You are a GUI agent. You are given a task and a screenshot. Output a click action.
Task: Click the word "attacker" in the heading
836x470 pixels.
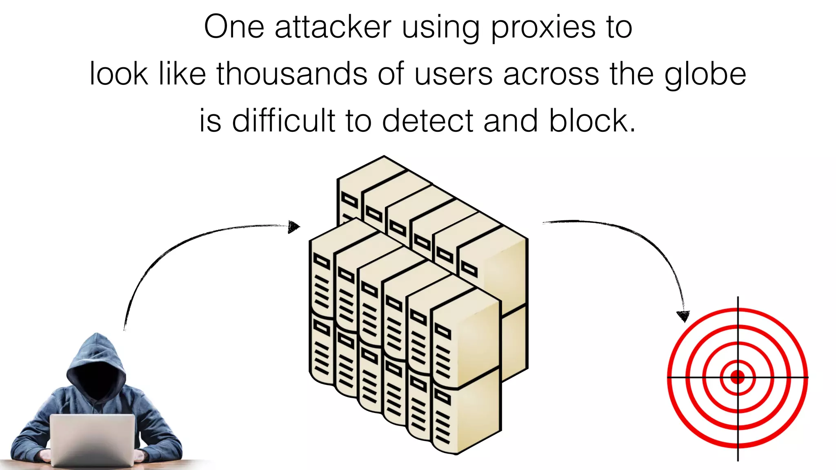[x=333, y=27]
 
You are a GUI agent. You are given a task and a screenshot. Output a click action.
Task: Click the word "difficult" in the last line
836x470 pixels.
[x=283, y=121]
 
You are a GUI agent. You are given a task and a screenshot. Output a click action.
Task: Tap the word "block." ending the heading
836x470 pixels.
[x=592, y=121]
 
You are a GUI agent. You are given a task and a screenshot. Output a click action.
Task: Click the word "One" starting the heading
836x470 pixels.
[x=234, y=27]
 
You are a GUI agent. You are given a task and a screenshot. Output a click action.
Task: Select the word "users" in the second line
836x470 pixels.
[x=454, y=75]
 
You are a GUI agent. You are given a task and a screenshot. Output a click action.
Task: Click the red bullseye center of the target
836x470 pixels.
[x=738, y=377]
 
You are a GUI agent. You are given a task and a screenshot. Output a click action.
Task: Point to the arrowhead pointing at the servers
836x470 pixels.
[x=293, y=226]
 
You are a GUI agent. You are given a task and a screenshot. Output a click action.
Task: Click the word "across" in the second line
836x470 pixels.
[x=551, y=75]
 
